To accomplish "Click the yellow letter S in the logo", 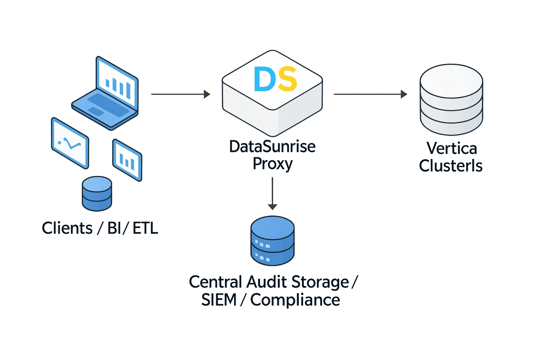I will point(287,79).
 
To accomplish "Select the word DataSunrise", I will point(272,147).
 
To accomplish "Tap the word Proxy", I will point(272,164).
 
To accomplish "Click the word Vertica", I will point(452,148).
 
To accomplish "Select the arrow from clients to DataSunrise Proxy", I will point(180,94).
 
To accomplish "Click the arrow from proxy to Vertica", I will point(370,94).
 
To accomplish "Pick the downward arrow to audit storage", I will point(272,193).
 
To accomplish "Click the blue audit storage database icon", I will point(272,241).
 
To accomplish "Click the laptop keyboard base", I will point(104,109).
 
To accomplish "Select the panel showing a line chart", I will point(70,143).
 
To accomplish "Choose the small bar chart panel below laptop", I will point(127,160).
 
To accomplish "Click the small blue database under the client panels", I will point(97,193).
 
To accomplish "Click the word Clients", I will point(67,228).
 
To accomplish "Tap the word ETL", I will point(146,228).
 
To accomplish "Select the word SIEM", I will point(219,300).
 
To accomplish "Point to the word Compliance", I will point(295,300).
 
